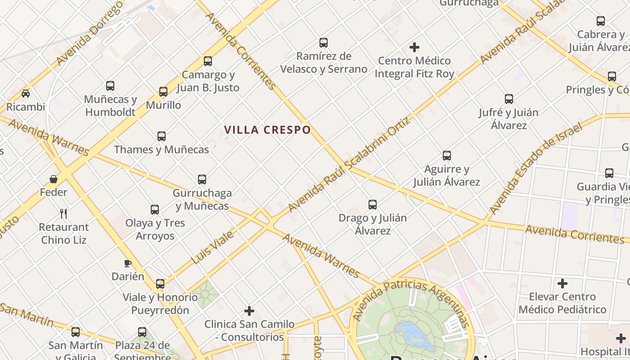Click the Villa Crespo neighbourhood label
point(267,130)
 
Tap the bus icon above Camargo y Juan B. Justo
point(207,61)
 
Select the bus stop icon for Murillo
point(163,92)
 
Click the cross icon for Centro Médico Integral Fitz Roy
point(414,47)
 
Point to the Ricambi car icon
point(26,94)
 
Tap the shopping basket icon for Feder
point(54,179)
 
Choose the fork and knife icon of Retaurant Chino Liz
point(63,213)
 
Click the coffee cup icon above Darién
point(128,263)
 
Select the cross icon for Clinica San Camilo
point(249,311)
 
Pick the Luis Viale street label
point(212,247)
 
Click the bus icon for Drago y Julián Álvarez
point(373,205)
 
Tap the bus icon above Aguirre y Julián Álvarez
point(446,156)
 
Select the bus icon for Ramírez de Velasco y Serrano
point(324,43)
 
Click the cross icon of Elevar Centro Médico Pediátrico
point(562,283)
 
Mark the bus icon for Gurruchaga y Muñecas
point(202,180)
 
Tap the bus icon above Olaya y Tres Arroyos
point(155,210)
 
